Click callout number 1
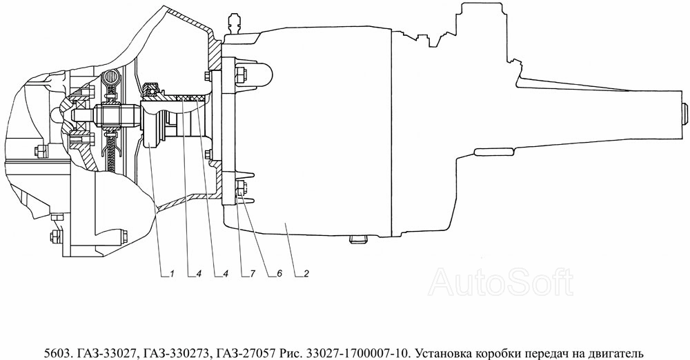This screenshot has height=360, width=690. [x=172, y=274]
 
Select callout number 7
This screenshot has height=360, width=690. [x=252, y=274]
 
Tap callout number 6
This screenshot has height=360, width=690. [x=279, y=274]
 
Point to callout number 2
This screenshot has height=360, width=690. [x=306, y=274]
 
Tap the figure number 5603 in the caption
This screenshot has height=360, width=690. [x=58, y=353]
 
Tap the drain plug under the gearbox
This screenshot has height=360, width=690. [x=357, y=239]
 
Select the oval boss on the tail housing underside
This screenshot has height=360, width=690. [x=492, y=152]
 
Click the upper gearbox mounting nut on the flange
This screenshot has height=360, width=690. [x=240, y=74]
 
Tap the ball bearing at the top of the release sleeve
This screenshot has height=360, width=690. [x=152, y=90]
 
